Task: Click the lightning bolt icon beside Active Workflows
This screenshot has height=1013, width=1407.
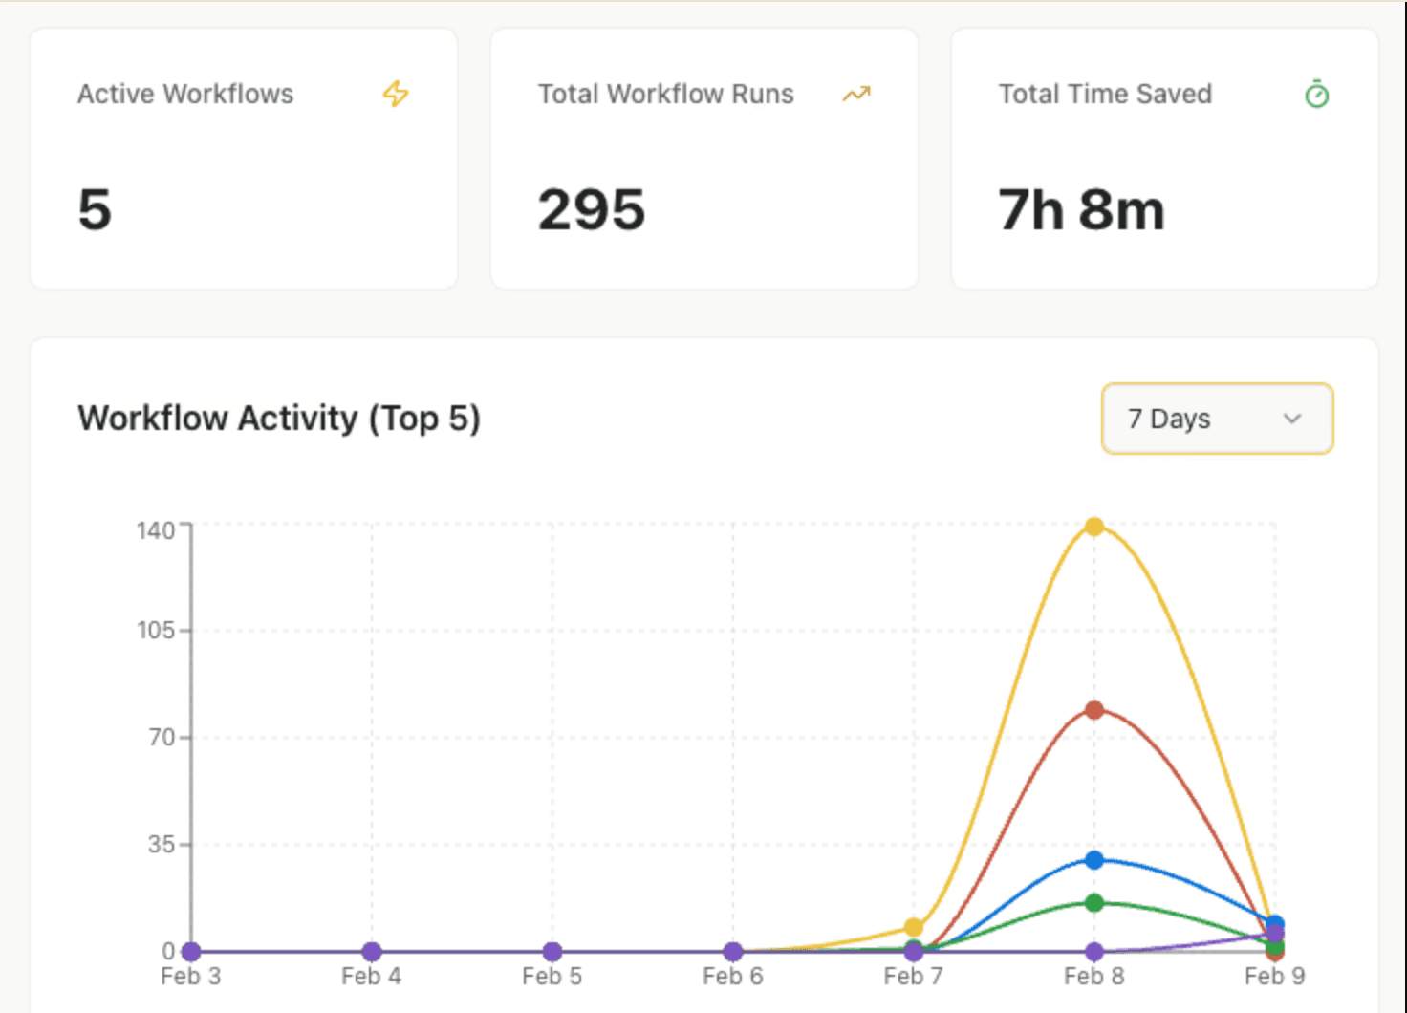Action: tap(396, 94)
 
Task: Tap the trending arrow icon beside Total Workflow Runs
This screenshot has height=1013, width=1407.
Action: tap(856, 94)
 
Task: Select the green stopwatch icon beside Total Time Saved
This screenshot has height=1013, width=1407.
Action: tap(1316, 95)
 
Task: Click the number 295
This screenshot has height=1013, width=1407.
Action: tap(592, 210)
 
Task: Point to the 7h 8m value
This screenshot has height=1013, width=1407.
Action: tap(1081, 210)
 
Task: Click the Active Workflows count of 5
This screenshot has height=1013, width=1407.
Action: tap(95, 210)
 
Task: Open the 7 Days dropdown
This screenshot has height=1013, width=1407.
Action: tap(1217, 419)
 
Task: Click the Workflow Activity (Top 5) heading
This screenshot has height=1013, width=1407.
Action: tap(279, 419)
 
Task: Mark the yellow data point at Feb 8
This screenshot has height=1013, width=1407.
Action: tap(1094, 527)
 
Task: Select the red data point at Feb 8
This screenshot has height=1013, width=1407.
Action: tap(1094, 710)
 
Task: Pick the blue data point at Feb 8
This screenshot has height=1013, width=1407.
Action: tap(1094, 860)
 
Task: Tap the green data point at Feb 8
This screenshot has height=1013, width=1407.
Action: tap(1094, 903)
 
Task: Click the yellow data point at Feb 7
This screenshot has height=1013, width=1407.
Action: tap(914, 927)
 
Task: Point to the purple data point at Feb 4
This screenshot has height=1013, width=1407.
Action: tap(372, 952)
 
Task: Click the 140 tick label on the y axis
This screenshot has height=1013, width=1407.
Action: tap(156, 530)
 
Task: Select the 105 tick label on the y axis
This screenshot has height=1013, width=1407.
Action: tap(156, 631)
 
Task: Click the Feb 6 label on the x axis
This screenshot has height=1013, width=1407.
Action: tap(733, 977)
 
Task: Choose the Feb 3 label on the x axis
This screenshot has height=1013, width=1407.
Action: tap(191, 977)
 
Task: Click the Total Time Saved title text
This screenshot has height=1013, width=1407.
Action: tap(1105, 94)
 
